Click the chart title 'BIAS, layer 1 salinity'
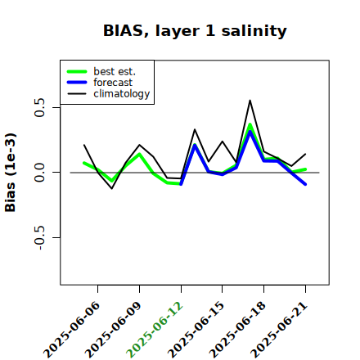(x=195, y=31)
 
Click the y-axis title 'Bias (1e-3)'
(x=11, y=173)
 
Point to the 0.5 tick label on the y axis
(x=39, y=107)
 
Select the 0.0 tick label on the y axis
(x=39, y=173)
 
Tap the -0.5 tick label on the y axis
(x=39, y=238)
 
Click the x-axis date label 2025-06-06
(x=72, y=330)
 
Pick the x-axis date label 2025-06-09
(x=113, y=330)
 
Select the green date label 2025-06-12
(x=155, y=330)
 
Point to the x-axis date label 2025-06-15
(x=196, y=330)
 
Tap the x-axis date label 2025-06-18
(x=237, y=330)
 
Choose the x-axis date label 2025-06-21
(x=279, y=330)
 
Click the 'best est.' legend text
(x=115, y=71)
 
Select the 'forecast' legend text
(x=113, y=83)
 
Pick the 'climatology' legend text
(x=122, y=94)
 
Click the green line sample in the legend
(x=77, y=71)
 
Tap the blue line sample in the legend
(x=77, y=83)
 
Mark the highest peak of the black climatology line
(x=250, y=101)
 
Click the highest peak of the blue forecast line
(x=250, y=132)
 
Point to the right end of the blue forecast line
(x=305, y=184)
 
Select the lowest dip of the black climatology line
(x=112, y=188)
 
